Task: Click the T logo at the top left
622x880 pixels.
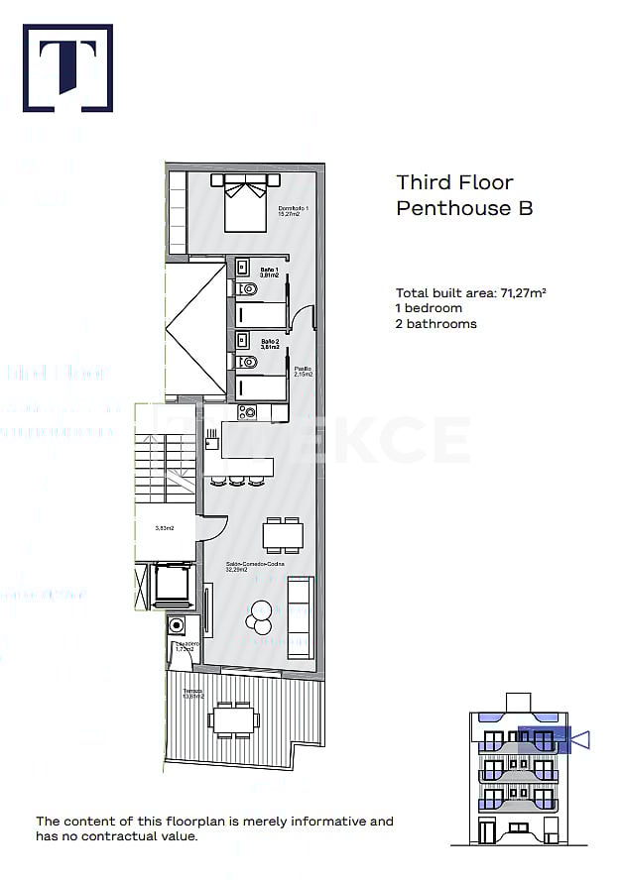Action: pyautogui.click(x=67, y=67)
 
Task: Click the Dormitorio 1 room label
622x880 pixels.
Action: pyautogui.click(x=294, y=208)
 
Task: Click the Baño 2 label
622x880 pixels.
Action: pyautogui.click(x=270, y=343)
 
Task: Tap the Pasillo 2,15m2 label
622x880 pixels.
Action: pyautogui.click(x=304, y=373)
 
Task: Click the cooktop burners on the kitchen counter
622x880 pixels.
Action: pyautogui.click(x=248, y=412)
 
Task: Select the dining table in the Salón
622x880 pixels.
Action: pyautogui.click(x=283, y=534)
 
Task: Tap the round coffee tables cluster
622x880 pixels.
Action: pyautogui.click(x=261, y=617)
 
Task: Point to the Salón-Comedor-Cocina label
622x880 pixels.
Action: pyautogui.click(x=255, y=566)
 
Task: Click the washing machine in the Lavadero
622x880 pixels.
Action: pyautogui.click(x=177, y=625)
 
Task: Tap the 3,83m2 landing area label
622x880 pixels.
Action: pyautogui.click(x=165, y=528)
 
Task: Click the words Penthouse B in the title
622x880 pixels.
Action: pyautogui.click(x=464, y=208)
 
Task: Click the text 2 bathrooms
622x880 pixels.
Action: pyautogui.click(x=435, y=324)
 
